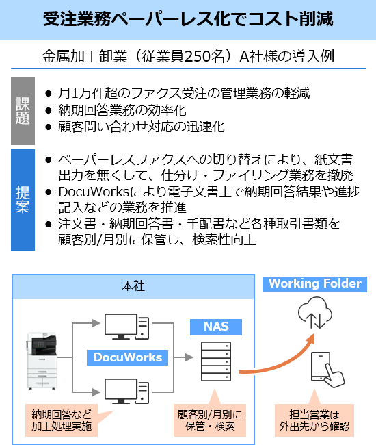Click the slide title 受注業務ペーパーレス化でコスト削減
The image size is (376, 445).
pos(188,19)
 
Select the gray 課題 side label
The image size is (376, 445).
pos(23,111)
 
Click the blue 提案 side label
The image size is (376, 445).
pos(23,200)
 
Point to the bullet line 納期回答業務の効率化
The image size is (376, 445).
pos(122,110)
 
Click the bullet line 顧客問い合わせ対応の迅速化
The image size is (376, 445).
pos(142,127)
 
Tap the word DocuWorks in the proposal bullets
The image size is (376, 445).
pos(94,192)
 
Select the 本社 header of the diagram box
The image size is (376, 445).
pos(133,286)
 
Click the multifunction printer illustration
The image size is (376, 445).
pos(42,361)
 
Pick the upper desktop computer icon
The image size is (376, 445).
pos(126,327)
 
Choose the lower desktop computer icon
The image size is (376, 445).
pos(126,391)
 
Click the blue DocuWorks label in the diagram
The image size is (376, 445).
pos(128,357)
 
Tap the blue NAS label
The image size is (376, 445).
pos(216,327)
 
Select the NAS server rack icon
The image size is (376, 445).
pos(216,361)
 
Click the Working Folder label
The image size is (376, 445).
pos(314,284)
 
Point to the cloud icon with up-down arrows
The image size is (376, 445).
pos(314,313)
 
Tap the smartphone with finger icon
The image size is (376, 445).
pos(327,370)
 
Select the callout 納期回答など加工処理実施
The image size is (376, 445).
pos(62,420)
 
